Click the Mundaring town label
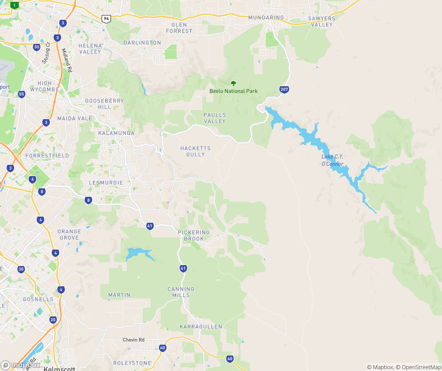[x=266, y=18]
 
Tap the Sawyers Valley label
[x=322, y=21]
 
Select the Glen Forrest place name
[x=182, y=28]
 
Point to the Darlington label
[x=142, y=43]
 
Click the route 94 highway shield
[x=106, y=18]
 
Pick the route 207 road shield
[x=284, y=89]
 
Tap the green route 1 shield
[x=15, y=5]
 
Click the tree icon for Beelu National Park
[x=234, y=83]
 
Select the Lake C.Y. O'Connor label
[x=332, y=160]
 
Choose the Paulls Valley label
[x=214, y=118]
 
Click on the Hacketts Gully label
[x=196, y=151]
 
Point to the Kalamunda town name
[x=116, y=133]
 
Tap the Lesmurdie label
[x=106, y=183]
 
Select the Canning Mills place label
[x=181, y=292]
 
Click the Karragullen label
[x=201, y=327]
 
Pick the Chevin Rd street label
[x=134, y=340]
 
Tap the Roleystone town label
[x=132, y=363]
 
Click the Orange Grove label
[x=69, y=234]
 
